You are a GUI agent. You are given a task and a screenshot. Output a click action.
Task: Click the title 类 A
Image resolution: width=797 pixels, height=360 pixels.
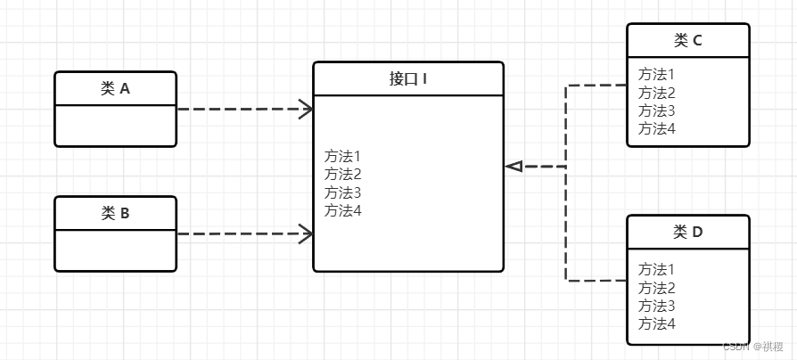pos(115,88)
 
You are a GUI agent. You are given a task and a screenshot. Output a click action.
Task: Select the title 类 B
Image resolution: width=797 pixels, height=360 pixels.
pos(115,213)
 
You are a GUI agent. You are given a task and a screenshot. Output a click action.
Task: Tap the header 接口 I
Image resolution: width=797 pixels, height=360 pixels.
pos(408,78)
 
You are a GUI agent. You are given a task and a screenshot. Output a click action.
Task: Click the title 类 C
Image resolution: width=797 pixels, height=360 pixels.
pos(687,40)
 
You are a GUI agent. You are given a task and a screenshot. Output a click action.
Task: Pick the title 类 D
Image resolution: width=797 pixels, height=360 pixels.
pos(687,232)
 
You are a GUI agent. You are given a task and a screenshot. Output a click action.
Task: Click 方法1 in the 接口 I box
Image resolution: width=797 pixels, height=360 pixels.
pos(342,156)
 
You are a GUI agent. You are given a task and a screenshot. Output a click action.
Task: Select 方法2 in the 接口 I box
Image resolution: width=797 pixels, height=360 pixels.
pos(342,174)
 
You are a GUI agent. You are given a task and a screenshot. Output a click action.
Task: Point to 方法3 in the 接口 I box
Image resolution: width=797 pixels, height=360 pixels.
pos(342,192)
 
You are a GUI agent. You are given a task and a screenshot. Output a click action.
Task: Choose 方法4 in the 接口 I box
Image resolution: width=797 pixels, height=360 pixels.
pos(342,210)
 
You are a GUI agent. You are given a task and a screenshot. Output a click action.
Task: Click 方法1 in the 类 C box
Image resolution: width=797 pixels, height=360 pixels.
pos(657,75)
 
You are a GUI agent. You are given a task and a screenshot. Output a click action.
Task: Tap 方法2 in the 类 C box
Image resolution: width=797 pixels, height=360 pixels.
pos(657,93)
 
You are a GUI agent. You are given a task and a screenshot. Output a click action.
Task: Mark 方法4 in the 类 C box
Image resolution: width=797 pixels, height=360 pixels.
pos(657,128)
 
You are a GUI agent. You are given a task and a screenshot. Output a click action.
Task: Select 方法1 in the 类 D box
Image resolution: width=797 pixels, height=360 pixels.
pos(657,269)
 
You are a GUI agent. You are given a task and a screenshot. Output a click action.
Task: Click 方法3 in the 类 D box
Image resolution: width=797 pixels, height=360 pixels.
pos(657,306)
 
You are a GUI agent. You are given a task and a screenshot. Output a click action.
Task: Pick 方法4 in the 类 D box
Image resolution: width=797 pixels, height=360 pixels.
pos(657,323)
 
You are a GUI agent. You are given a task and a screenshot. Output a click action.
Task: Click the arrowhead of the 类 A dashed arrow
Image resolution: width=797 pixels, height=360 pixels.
pos(306,110)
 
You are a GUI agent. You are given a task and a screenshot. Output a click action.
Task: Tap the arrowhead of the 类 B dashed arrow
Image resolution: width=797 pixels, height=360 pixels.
pos(306,234)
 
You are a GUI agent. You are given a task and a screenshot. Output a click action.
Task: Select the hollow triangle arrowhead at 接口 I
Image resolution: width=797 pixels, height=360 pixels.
pos(514,166)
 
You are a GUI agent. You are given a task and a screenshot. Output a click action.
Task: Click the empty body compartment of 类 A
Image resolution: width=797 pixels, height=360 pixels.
pos(115,125)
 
